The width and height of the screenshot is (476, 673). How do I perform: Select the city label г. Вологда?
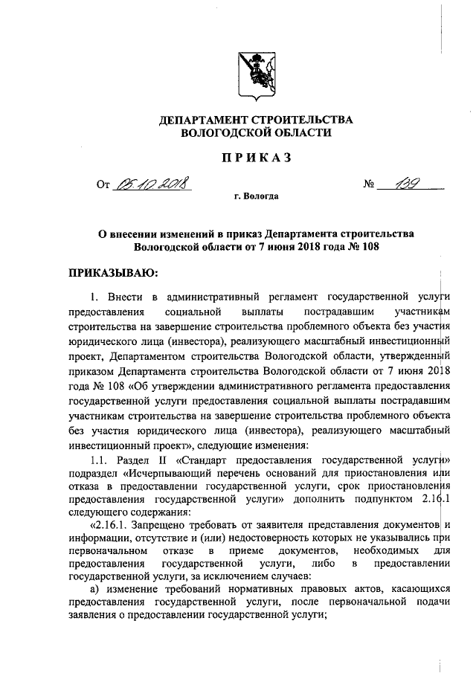(257, 197)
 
